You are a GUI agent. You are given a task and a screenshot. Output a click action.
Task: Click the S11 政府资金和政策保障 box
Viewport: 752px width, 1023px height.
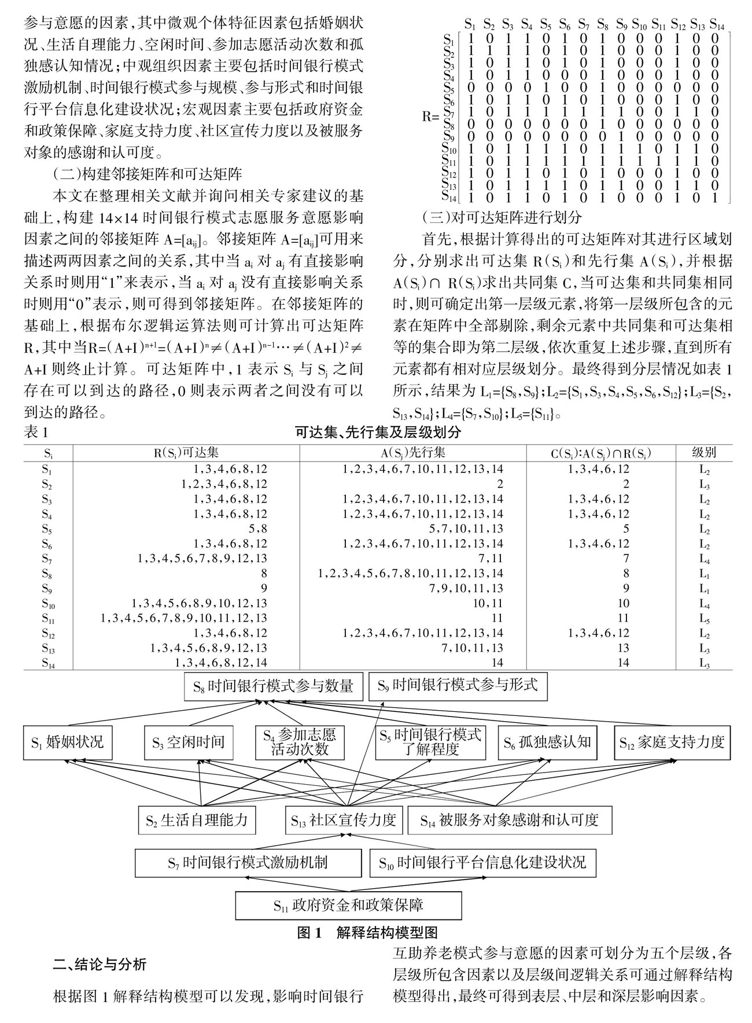tap(348, 905)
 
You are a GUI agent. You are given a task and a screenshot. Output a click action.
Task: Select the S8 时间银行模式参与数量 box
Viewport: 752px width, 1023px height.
tap(273, 686)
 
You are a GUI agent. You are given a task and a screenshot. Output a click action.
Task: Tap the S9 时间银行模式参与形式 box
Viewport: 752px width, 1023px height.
tap(457, 686)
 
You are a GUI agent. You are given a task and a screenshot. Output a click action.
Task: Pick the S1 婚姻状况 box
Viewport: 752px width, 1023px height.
tap(68, 742)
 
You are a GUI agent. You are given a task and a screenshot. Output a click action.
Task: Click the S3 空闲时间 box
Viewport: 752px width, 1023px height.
tap(189, 742)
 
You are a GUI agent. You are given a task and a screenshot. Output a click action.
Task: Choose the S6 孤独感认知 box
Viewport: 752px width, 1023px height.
tap(547, 742)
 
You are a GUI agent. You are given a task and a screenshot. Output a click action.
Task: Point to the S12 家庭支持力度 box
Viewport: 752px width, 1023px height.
tap(672, 742)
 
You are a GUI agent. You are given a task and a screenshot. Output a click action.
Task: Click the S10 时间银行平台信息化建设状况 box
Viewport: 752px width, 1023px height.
tap(482, 863)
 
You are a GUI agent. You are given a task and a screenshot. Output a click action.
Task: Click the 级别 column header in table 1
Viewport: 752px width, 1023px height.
tap(704, 453)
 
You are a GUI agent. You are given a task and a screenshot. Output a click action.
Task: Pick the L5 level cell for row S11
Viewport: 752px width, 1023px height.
tap(704, 618)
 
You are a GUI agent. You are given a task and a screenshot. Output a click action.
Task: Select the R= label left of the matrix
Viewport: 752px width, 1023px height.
tap(431, 116)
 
